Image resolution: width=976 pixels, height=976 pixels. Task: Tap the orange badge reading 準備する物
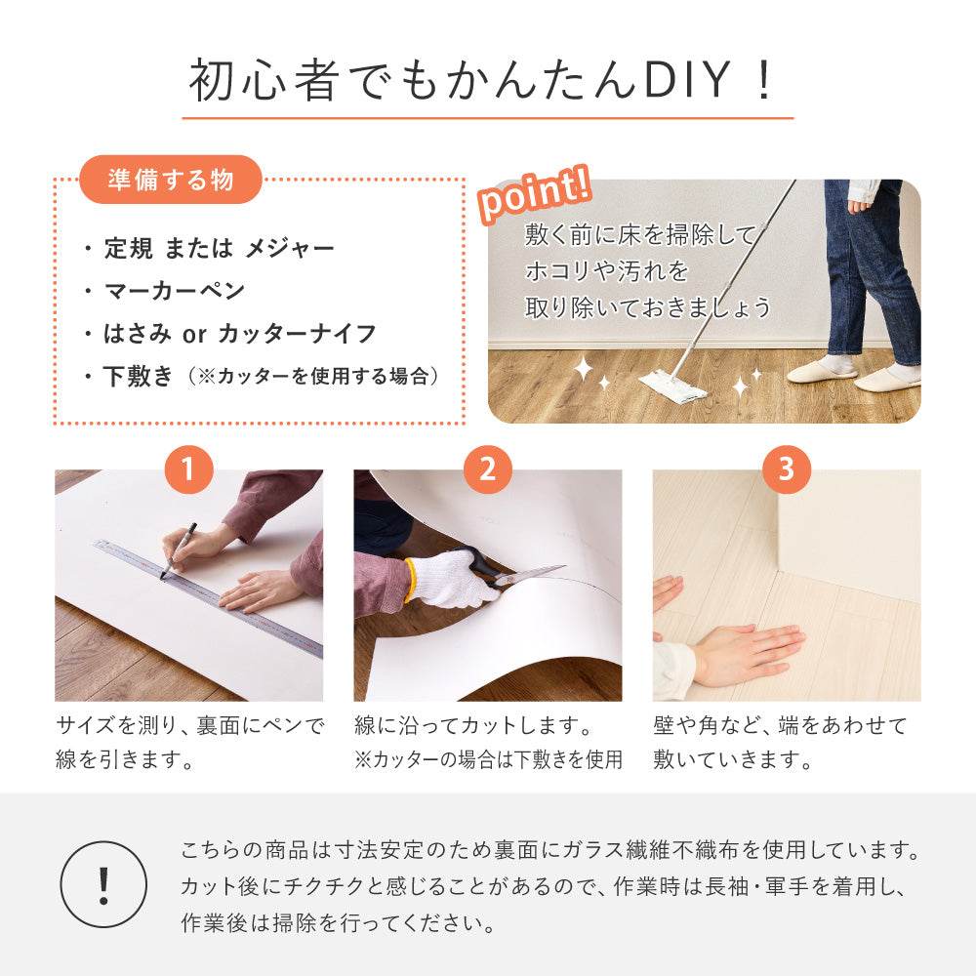click(x=172, y=180)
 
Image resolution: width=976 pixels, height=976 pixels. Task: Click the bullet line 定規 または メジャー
click(x=219, y=248)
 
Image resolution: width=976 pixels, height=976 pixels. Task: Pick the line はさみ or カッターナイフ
click(x=239, y=334)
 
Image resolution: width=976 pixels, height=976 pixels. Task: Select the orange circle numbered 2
click(x=488, y=471)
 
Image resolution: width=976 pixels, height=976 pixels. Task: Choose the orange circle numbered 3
click(x=787, y=471)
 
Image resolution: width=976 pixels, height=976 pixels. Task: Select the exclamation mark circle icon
click(x=103, y=884)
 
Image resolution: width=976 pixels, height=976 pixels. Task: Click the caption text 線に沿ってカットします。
click(x=474, y=726)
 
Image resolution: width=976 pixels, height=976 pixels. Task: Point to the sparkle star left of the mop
click(x=584, y=370)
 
